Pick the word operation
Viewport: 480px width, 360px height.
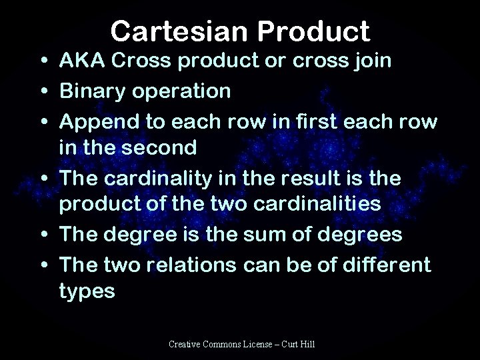point(186,91)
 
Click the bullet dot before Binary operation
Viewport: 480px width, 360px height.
point(43,91)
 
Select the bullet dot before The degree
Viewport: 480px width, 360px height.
point(43,234)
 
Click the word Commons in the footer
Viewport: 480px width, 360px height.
point(227,344)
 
